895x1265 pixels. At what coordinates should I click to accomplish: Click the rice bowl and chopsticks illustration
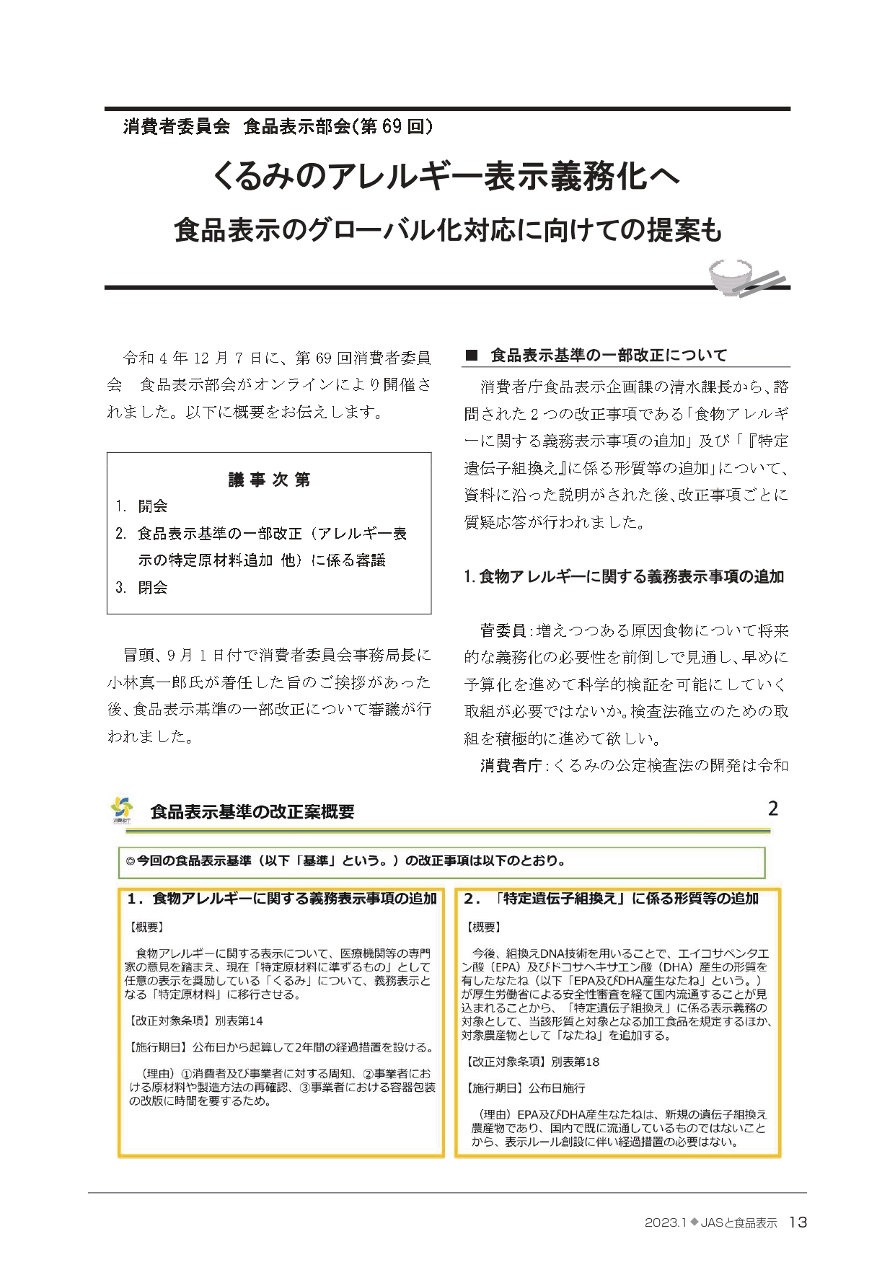pyautogui.click(x=745, y=278)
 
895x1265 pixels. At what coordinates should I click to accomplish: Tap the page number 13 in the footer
pyautogui.click(x=798, y=1222)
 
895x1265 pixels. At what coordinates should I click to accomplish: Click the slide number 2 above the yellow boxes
pyautogui.click(x=772, y=808)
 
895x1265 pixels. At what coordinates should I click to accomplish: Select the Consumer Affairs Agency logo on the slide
pyautogui.click(x=122, y=809)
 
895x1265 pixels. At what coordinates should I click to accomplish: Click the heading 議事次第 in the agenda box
pyautogui.click(x=269, y=480)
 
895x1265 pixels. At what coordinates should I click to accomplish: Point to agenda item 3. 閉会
pyautogui.click(x=141, y=588)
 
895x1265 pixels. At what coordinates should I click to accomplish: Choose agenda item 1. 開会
pyautogui.click(x=141, y=506)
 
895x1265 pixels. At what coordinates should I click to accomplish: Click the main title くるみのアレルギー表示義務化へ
pyautogui.click(x=446, y=176)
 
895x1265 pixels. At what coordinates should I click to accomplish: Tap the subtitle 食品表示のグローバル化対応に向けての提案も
pyautogui.click(x=447, y=230)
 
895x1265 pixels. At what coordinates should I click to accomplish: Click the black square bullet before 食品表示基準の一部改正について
pyautogui.click(x=472, y=355)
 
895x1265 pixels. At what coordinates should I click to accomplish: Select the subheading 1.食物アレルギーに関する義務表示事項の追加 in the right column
pyautogui.click(x=624, y=576)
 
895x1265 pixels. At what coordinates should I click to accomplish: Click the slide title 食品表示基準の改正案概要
pyautogui.click(x=252, y=812)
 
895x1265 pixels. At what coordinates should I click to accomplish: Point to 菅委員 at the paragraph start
pyautogui.click(x=503, y=631)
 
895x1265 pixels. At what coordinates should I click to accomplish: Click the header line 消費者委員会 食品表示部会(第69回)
pyautogui.click(x=278, y=127)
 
